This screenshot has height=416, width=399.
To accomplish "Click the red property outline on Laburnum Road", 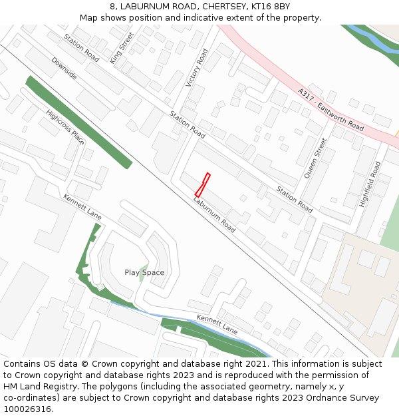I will coord(202,184).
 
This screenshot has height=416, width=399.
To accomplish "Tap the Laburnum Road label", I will coord(214,214).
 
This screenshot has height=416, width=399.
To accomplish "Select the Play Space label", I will coord(144,272).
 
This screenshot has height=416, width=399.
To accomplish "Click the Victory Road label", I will coord(197,68).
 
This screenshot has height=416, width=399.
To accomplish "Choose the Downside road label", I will coord(65,69).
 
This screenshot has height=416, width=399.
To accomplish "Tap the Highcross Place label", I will coord(65,127).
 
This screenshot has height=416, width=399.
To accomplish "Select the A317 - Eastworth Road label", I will coord(331,109).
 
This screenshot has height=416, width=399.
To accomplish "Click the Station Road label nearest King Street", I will coord(82,48).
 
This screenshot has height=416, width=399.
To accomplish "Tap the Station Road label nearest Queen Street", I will coord(295,199).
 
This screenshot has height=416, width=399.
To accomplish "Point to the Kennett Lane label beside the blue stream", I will coord(217,325).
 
